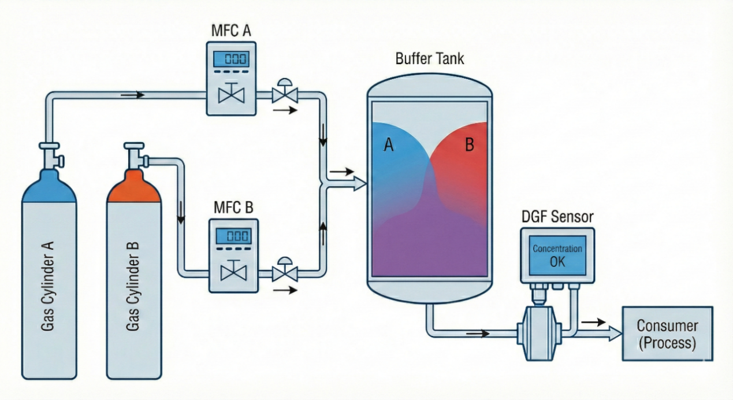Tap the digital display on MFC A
231,58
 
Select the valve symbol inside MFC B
231,269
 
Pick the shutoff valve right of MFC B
284,269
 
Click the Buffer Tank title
430,58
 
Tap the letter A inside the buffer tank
389,145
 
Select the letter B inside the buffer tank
470,145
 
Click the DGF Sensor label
557,217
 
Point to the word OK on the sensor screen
557,261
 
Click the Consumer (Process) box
667,334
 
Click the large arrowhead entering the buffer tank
359,184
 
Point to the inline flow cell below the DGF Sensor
538,329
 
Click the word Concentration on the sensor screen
557,249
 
